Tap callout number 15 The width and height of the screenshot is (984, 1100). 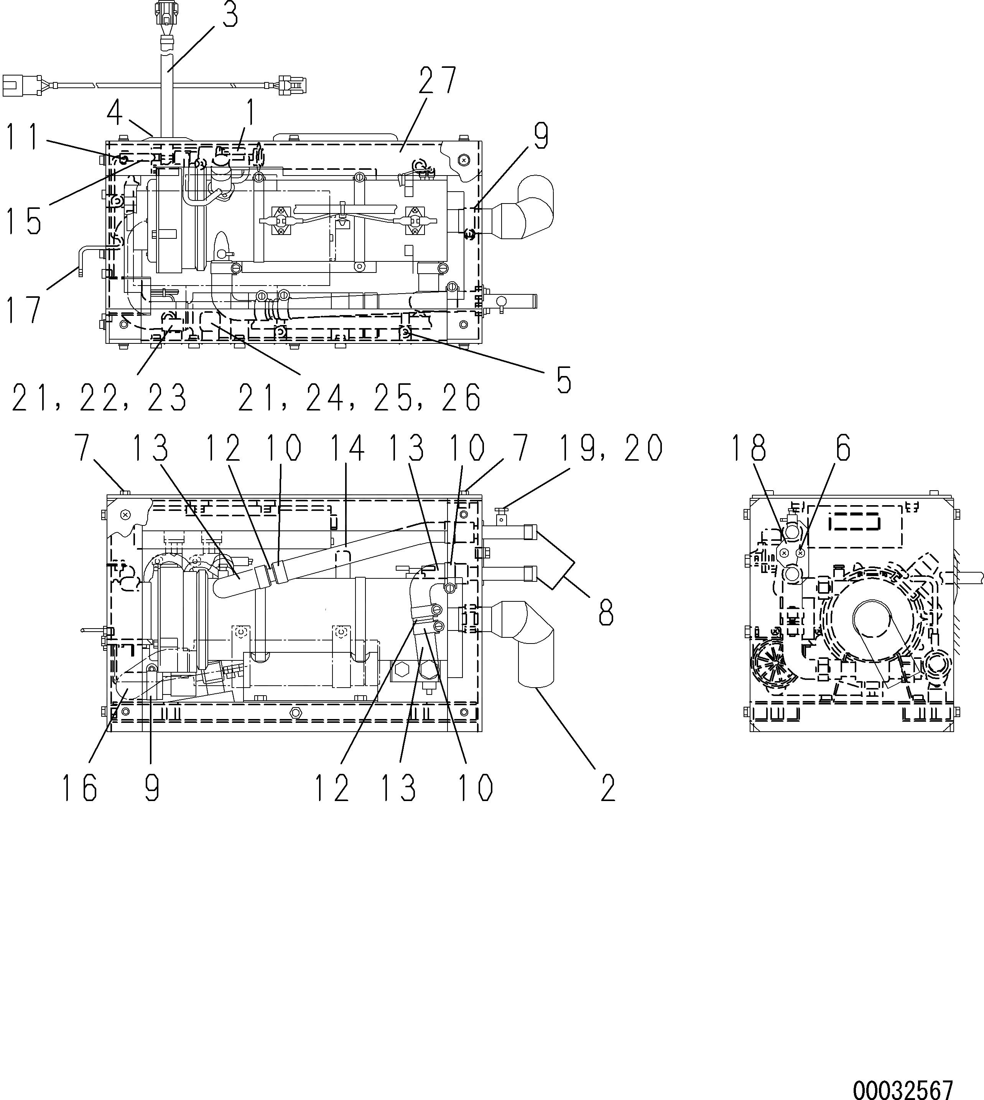click(24, 220)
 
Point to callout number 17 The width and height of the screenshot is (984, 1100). click(24, 309)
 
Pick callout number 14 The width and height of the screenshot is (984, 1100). click(348, 448)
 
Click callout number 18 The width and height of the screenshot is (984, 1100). click(749, 448)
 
